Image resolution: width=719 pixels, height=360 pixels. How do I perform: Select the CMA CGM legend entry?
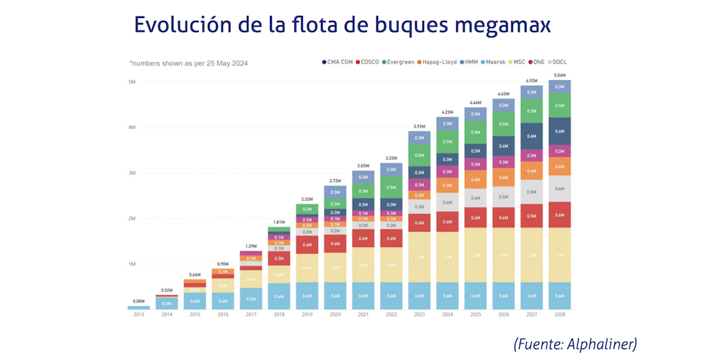tap(338, 63)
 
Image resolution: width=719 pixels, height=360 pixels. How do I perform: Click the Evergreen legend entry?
tap(398, 63)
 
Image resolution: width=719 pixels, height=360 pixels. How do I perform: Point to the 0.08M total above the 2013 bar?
tap(139, 302)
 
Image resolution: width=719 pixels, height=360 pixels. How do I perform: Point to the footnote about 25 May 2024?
tap(189, 63)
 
